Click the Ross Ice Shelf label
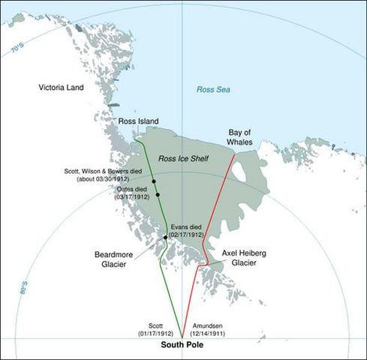click(182, 160)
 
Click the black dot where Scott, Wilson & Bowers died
click(154, 181)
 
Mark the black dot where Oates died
click(158, 195)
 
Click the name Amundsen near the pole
click(206, 323)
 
